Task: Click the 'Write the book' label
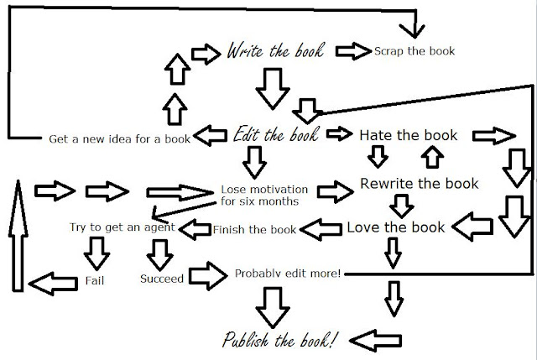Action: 275,51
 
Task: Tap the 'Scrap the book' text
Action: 414,51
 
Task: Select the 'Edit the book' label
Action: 276,134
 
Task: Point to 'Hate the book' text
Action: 409,135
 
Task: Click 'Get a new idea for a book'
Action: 119,138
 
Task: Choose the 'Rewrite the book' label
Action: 420,184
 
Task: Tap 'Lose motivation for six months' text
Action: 264,196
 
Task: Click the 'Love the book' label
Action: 395,227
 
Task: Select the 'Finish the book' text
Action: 254,229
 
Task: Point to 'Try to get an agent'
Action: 123,227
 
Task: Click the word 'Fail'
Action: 95,281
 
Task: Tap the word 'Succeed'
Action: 162,279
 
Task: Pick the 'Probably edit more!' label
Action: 288,274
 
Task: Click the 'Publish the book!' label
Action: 279,340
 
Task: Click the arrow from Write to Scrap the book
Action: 353,51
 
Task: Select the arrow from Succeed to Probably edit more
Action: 208,276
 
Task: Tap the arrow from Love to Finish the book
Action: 321,229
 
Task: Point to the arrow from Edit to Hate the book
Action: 339,133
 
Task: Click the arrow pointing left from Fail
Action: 53,284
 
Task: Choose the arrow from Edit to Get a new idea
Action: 210,136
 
